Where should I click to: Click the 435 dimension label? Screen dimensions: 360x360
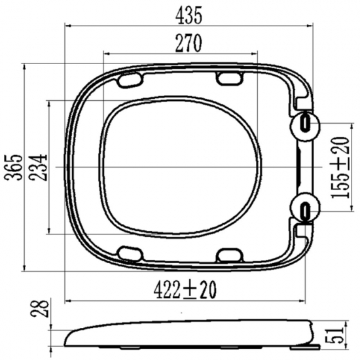click(189, 16)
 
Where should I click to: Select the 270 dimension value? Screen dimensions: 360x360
click(189, 43)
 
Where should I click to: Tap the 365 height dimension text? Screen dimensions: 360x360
click(14, 167)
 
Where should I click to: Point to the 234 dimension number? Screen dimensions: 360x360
click(39, 167)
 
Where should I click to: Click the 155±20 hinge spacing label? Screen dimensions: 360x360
click(340, 167)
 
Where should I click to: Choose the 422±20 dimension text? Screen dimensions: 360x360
click(185, 290)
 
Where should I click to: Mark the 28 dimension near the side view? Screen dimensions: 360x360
click(39, 308)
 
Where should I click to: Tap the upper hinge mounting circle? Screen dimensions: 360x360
click(305, 126)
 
